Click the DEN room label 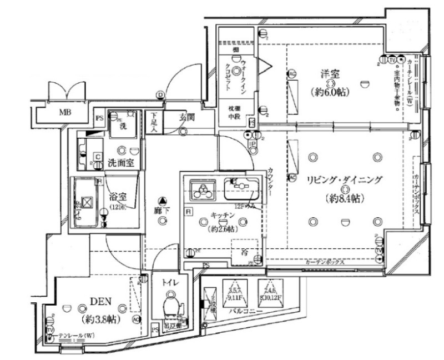102,302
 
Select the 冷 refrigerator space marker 245,252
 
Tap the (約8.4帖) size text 344,197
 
